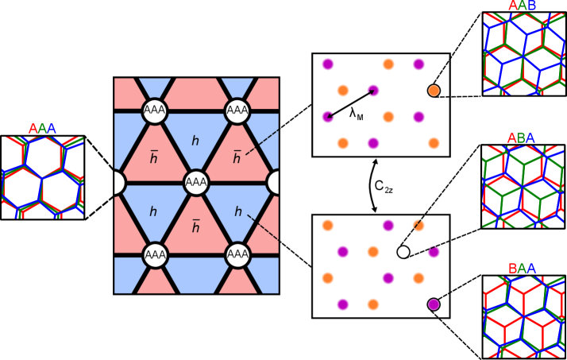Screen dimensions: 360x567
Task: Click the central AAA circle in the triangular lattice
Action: tap(196, 182)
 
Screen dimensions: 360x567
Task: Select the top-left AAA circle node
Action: tap(155, 110)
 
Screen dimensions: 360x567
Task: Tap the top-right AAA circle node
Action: tap(237, 110)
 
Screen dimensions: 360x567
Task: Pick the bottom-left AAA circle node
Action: tap(155, 254)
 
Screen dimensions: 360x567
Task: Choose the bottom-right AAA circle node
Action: tap(237, 254)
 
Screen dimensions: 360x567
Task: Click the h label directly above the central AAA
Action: tap(195, 141)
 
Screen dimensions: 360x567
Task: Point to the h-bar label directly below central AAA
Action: tap(195, 227)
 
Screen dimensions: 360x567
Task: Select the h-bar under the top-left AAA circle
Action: tap(154, 157)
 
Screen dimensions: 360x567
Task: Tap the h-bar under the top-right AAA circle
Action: tap(237, 157)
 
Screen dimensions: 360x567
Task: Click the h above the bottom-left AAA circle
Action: tap(153, 212)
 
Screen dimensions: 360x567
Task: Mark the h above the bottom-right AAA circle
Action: tap(237, 212)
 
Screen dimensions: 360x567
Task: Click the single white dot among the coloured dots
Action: tap(403, 252)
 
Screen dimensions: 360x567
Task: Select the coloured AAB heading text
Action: tap(522, 6)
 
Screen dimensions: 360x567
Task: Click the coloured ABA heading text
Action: tap(521, 138)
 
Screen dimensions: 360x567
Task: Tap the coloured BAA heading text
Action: tap(522, 269)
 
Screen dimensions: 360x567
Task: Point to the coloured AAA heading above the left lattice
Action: tap(42, 129)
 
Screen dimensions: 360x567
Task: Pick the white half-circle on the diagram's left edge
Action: tap(118, 182)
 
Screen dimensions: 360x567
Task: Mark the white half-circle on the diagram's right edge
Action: tap(275, 182)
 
